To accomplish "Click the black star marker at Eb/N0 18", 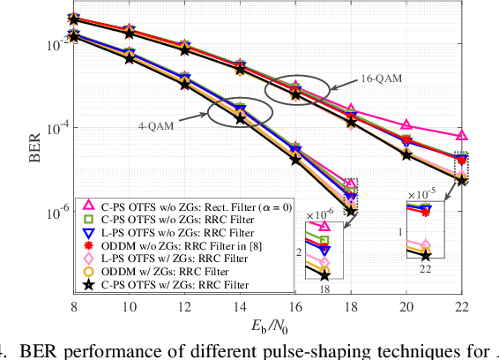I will [351, 211].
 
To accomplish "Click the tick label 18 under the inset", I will [324, 288].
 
